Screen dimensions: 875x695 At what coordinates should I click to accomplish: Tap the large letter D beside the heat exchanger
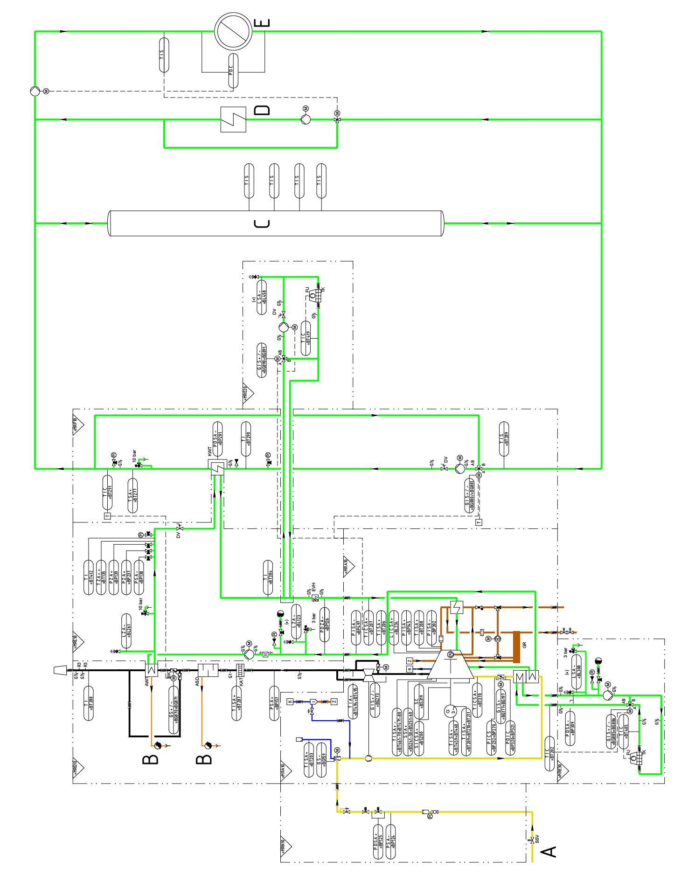pyautogui.click(x=262, y=110)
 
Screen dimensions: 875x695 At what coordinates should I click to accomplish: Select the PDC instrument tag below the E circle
pyautogui.click(x=233, y=71)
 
